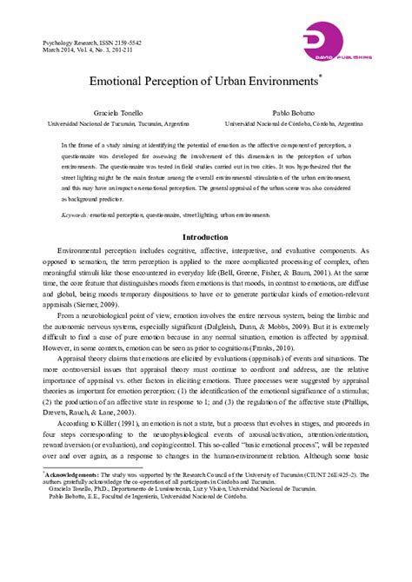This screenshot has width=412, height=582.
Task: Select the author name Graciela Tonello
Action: (x=118, y=114)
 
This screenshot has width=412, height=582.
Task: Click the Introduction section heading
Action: (x=205, y=237)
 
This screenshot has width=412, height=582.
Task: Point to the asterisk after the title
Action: (x=321, y=77)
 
